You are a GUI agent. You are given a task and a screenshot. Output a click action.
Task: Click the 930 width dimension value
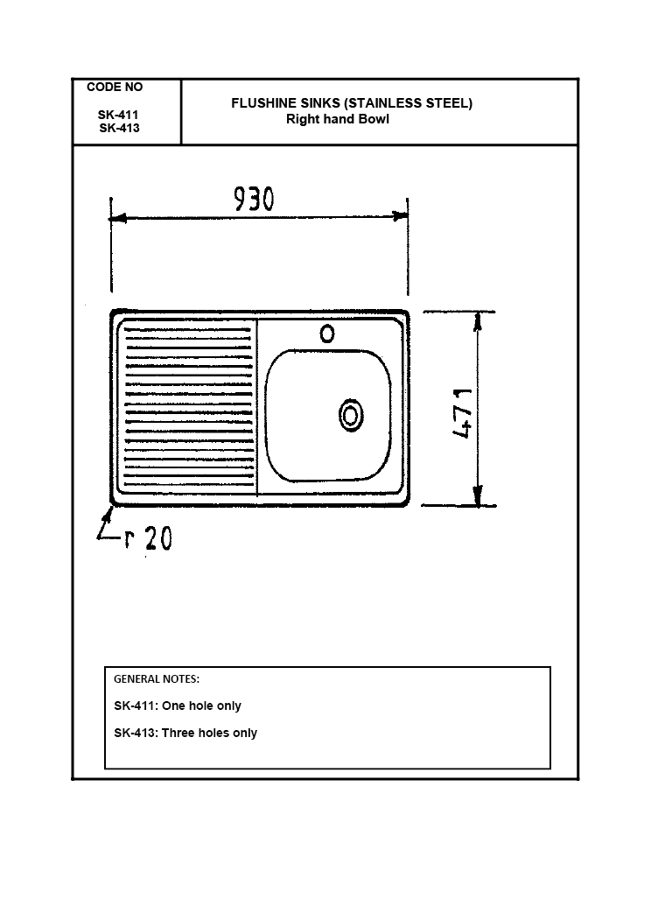[254, 199]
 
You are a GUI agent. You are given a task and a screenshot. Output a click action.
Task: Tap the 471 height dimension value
[464, 413]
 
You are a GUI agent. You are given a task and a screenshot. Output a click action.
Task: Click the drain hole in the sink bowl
[351, 416]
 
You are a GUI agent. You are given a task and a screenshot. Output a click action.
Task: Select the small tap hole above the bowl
[327, 334]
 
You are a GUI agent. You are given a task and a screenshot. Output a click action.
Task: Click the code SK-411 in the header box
[118, 115]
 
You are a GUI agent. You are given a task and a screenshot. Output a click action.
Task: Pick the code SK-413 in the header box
[119, 129]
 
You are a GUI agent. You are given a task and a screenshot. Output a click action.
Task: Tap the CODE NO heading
[115, 87]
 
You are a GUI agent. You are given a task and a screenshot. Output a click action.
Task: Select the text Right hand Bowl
[338, 119]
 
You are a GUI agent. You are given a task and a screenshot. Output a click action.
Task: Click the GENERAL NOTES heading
[157, 679]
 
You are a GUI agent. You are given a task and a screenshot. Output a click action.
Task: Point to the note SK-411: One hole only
[178, 706]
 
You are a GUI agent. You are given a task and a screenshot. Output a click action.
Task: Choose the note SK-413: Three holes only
[185, 733]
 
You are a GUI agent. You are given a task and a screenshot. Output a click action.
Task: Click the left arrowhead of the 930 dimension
[117, 218]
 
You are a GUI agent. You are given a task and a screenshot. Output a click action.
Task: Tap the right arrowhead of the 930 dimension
[401, 216]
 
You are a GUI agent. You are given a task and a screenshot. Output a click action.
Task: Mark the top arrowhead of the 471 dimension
[478, 320]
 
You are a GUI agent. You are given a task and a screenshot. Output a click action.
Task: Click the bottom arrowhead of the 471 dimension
[478, 495]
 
